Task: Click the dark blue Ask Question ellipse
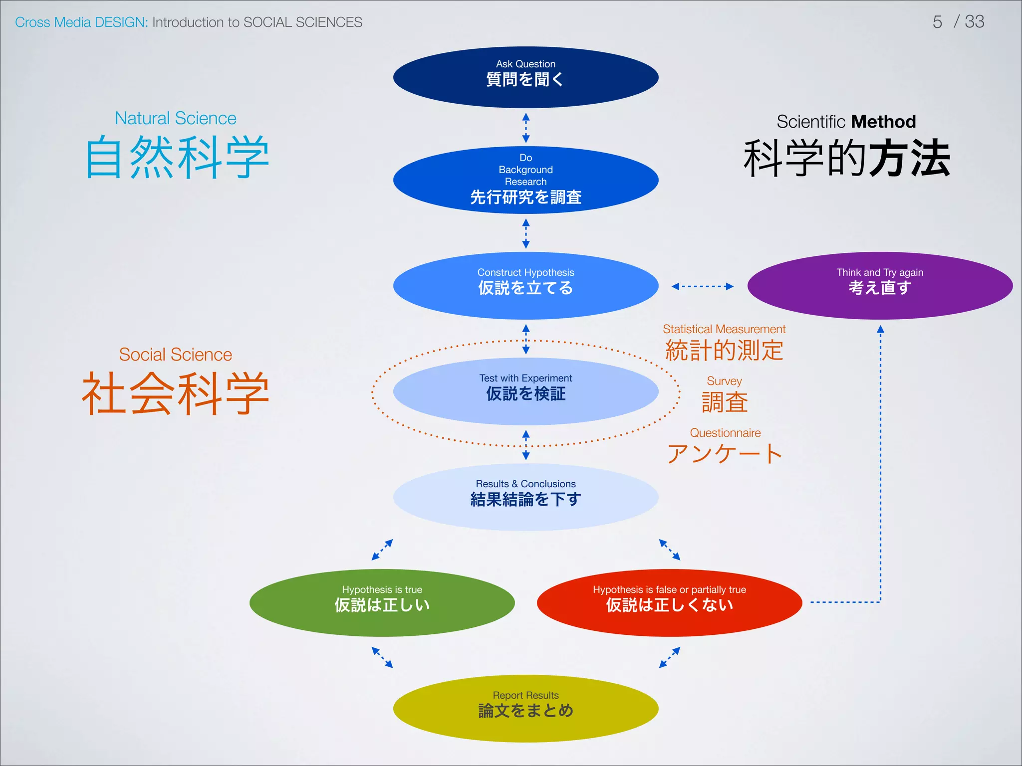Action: pos(525,77)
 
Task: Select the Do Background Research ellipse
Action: pos(525,180)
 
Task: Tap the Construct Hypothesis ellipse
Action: pos(525,286)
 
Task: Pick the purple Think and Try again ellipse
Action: pos(880,286)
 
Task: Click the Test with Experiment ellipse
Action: pos(525,391)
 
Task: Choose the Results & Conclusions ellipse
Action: pos(525,497)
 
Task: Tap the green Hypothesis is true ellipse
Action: pos(382,603)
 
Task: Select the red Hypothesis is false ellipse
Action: pos(669,603)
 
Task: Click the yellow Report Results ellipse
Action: pos(525,709)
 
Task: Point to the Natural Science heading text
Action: pos(175,118)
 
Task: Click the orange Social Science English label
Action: pos(175,355)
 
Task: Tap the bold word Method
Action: pos(883,122)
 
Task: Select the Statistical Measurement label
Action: pos(724,329)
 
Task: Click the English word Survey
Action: pos(724,381)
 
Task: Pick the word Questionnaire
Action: pos(725,433)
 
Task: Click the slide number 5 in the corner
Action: pos(937,22)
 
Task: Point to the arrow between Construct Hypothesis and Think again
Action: pos(702,286)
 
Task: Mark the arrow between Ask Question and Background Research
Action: pos(525,128)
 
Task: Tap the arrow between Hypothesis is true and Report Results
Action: pos(382,657)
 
